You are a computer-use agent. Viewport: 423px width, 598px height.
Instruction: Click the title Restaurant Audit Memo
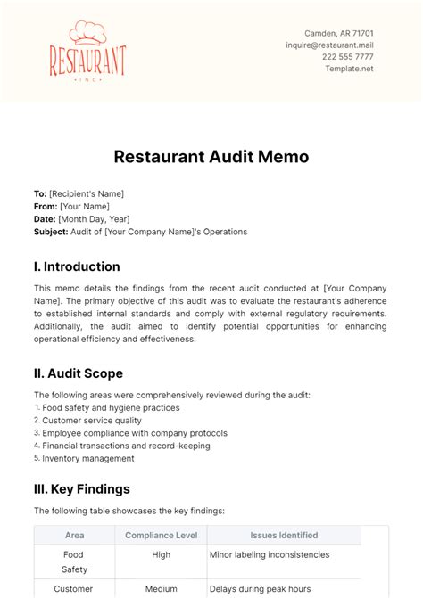click(x=211, y=157)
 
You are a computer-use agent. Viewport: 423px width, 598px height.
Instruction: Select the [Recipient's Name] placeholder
click(x=87, y=193)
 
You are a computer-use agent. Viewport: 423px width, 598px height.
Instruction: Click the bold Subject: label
click(x=51, y=232)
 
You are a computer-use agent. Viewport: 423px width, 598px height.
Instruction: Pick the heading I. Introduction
click(x=77, y=266)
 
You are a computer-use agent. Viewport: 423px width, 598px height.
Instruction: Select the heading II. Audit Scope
click(x=79, y=373)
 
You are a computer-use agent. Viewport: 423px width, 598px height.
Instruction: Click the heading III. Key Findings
click(x=82, y=489)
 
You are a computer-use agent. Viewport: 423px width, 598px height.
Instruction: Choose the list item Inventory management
click(x=88, y=458)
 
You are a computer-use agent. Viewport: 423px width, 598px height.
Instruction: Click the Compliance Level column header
click(x=162, y=535)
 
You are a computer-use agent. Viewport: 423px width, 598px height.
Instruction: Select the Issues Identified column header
click(x=284, y=535)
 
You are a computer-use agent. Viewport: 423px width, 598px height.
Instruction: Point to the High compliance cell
click(x=162, y=554)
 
